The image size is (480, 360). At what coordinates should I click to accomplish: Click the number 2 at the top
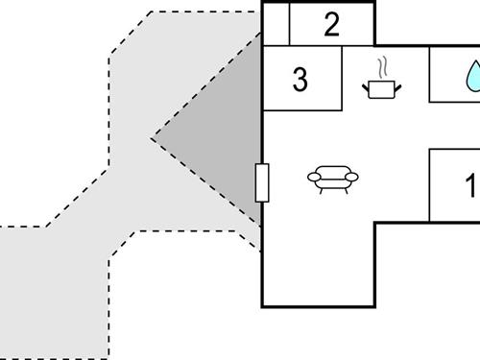click(331, 25)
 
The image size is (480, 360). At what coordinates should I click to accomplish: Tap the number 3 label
click(300, 81)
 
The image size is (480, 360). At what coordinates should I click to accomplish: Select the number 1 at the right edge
click(470, 185)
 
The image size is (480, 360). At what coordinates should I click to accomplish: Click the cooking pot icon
click(382, 88)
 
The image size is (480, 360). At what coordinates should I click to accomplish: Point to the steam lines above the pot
click(383, 68)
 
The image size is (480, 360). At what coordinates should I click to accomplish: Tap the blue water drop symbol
click(472, 76)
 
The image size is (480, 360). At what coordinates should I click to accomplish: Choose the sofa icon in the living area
click(332, 178)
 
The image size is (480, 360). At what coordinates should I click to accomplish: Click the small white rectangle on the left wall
click(262, 182)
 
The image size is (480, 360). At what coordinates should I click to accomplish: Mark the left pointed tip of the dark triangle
click(153, 138)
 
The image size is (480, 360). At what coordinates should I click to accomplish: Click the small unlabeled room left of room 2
click(276, 25)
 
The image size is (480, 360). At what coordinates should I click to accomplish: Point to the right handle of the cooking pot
click(398, 87)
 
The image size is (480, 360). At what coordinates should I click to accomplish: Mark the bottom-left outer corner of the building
click(263, 306)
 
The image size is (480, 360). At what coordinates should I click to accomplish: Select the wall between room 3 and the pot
click(342, 77)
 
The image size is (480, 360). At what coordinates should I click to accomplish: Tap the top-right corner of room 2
click(374, 4)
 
